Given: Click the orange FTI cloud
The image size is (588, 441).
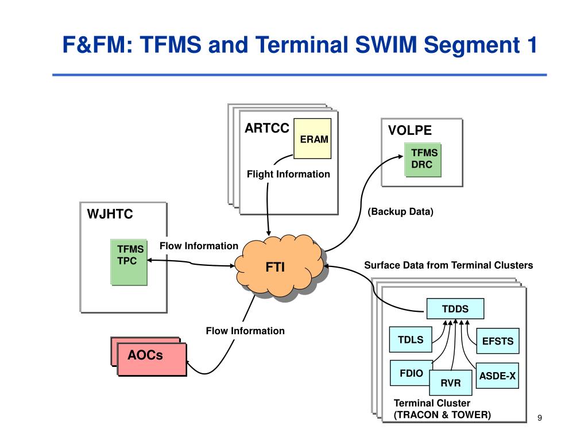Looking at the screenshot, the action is click(x=280, y=266).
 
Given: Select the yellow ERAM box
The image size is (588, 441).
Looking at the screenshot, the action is click(x=312, y=139).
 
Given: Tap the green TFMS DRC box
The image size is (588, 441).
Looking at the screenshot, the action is click(x=423, y=160).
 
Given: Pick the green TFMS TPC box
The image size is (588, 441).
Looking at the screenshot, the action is click(x=129, y=262).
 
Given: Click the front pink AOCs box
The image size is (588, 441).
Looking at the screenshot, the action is click(x=152, y=359).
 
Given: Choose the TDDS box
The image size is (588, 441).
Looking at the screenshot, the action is click(x=455, y=308).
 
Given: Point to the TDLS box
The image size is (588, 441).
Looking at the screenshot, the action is click(x=411, y=339).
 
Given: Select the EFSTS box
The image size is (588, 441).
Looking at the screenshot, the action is click(x=498, y=341).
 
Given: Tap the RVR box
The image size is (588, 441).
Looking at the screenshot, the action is click(x=450, y=383).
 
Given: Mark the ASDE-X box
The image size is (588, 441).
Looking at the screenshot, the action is click(x=497, y=376).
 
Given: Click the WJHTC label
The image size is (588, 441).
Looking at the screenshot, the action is click(x=110, y=214).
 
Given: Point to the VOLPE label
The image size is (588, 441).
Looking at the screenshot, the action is click(x=410, y=130).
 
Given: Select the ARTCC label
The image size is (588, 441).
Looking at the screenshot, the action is click(x=267, y=128).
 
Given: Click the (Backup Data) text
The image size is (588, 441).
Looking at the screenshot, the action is click(x=400, y=211).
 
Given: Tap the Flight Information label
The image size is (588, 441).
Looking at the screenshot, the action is click(x=288, y=174).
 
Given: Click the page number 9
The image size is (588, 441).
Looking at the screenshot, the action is click(x=540, y=418).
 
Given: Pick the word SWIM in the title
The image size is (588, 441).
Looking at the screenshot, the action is click(x=386, y=45).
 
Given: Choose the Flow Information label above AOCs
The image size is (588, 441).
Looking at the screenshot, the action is click(x=245, y=331).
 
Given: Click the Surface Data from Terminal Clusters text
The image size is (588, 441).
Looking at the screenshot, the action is click(x=448, y=265).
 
